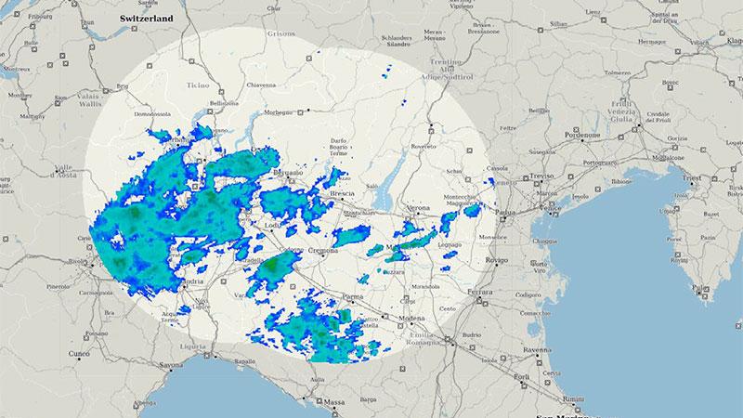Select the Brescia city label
coord(345,194)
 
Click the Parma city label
coord(353,297)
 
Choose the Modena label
coord(411,319)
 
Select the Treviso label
coord(541,176)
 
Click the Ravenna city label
coord(538,350)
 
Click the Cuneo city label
coord(77,354)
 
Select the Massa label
coord(333,402)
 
